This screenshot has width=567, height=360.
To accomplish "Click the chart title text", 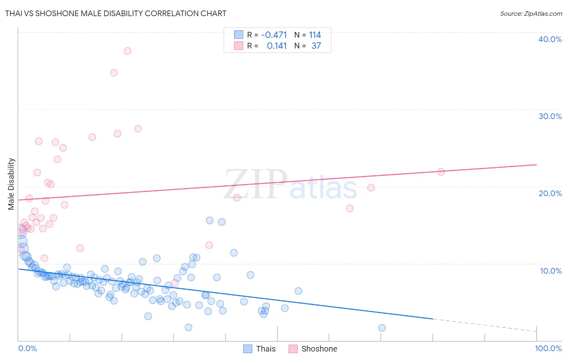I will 116,13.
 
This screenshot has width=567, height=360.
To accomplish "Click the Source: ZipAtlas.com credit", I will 531,13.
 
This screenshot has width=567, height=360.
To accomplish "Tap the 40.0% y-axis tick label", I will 550,39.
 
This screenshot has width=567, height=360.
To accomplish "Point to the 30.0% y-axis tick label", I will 550,116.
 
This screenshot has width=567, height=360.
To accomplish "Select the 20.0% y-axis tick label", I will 550,193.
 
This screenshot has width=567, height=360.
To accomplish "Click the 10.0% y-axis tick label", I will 550,271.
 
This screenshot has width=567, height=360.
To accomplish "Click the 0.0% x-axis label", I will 27,348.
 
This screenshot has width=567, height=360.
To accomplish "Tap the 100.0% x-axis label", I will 548,348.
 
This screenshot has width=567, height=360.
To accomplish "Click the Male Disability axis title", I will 11,184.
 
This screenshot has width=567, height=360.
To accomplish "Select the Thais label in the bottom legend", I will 266,349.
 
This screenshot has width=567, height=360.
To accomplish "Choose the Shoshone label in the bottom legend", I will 319,349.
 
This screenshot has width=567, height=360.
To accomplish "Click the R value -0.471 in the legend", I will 274,35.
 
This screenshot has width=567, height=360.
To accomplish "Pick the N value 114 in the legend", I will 315,35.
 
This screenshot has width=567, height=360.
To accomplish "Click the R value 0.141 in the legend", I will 277,46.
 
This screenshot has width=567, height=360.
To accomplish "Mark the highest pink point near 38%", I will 127,51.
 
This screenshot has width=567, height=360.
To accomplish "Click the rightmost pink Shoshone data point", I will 441,172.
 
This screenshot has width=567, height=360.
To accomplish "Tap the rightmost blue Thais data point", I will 382,328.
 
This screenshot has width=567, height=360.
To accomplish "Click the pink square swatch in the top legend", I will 239,46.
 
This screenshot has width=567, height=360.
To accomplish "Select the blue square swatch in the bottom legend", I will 248,349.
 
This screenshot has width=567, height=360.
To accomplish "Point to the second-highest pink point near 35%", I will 114,73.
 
